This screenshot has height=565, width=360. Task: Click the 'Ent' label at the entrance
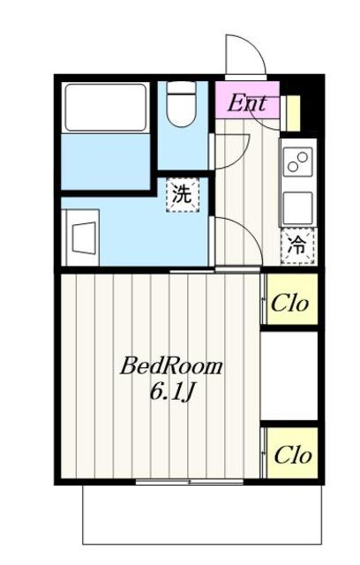[247, 102]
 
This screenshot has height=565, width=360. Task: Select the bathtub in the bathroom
[105, 109]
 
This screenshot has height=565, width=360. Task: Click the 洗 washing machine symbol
[182, 195]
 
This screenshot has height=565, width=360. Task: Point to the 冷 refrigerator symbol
[298, 245]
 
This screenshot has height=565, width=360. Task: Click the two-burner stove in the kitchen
[298, 162]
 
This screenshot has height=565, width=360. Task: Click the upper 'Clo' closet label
[290, 303]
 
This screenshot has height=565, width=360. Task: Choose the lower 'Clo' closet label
[290, 456]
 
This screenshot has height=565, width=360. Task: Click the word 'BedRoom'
[171, 365]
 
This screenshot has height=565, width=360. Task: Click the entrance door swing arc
[245, 55]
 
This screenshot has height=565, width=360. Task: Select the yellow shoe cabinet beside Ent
[292, 112]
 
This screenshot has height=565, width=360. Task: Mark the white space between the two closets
[289, 378]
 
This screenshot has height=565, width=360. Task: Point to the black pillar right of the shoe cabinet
[310, 108]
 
